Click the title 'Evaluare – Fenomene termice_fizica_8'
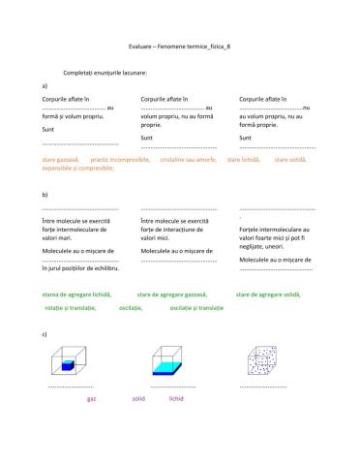coord(179,46)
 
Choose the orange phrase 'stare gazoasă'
coord(61,158)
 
